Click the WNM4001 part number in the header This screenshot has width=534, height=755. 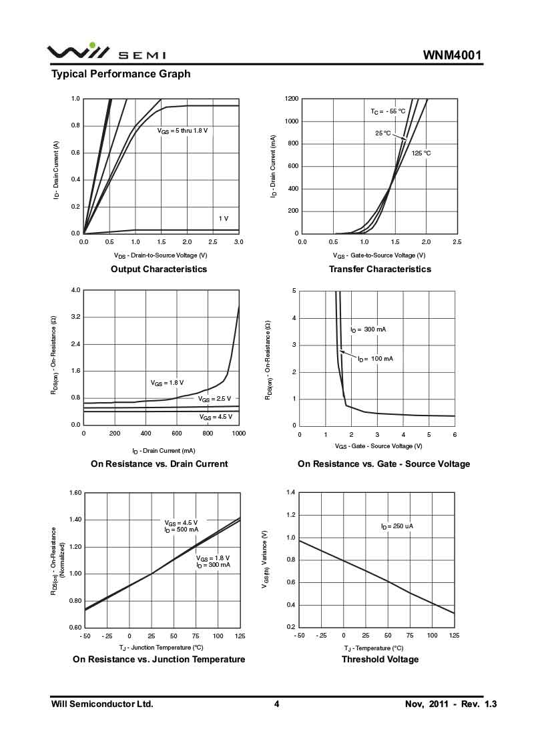452,55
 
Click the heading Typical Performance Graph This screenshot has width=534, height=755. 121,74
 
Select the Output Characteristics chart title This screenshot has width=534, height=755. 159,269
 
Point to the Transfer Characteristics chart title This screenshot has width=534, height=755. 380,269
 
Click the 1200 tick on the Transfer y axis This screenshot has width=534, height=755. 291,99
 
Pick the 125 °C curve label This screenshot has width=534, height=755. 421,153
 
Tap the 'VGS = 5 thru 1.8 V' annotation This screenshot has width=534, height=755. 183,131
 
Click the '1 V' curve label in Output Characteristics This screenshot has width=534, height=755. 223,219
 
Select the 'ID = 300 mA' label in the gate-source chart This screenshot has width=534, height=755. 368,329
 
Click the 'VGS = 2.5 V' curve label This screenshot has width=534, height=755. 214,399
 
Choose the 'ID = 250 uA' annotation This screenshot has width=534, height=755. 397,526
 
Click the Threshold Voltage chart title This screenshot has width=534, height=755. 380,660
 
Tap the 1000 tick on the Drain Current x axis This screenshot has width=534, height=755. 238,434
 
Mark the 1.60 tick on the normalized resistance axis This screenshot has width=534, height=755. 74,493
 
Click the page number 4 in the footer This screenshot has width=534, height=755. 276,704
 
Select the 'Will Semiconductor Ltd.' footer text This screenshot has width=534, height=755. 102,704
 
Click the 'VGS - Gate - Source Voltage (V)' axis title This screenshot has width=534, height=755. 378,446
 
